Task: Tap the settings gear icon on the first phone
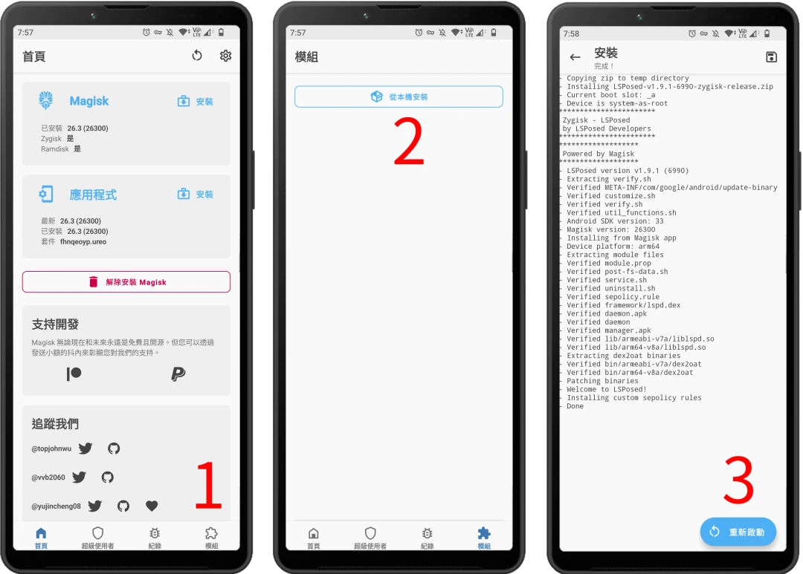coord(225,55)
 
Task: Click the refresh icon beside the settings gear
coord(197,55)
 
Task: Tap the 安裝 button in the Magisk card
coord(195,101)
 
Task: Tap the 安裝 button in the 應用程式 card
coord(195,195)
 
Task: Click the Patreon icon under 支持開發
coord(74,374)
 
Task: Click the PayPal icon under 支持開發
coord(178,374)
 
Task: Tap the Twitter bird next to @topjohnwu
coord(86,449)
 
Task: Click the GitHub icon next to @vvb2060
coord(108,477)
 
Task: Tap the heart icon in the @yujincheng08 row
coord(152,506)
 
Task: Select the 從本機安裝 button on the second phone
coord(399,97)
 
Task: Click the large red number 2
coord(409,140)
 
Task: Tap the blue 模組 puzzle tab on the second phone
coord(484,537)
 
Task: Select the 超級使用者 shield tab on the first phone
coord(98,537)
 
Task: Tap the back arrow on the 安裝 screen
coord(575,57)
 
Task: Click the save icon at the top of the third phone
coord(771,56)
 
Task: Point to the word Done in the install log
coord(575,406)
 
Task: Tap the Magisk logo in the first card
coord(46,101)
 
